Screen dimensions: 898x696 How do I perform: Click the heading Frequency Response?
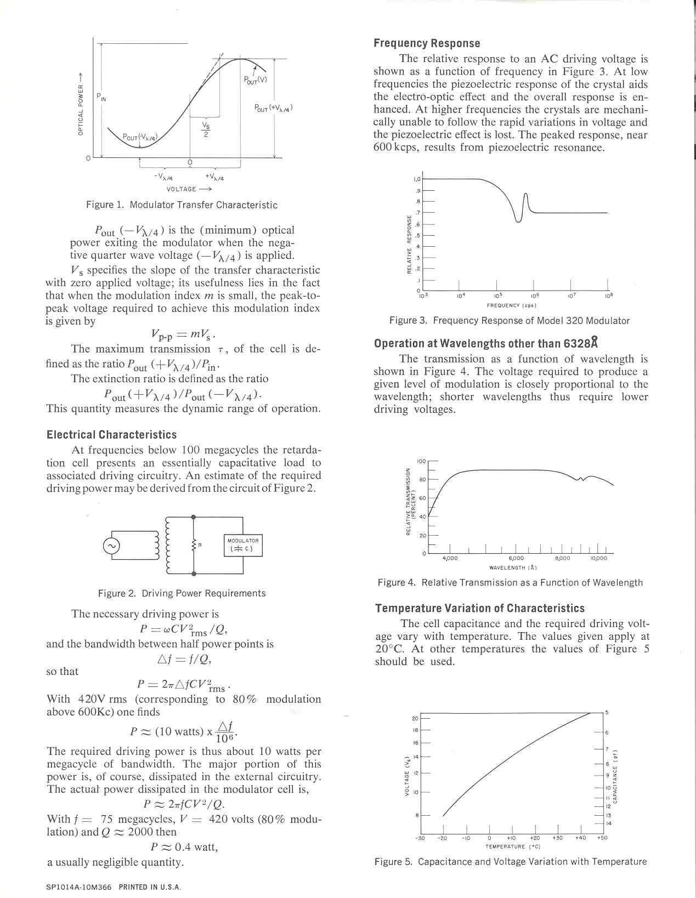[427, 43]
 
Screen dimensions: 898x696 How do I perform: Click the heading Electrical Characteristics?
[111, 435]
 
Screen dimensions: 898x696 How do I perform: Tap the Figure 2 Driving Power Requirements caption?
[182, 593]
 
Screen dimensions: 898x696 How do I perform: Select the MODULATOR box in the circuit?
[243, 544]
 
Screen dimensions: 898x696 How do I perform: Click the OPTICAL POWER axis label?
[80, 104]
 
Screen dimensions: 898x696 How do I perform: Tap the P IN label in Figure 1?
[101, 98]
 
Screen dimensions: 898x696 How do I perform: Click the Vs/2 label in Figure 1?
[205, 130]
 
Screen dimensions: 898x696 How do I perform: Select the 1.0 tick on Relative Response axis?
[416, 179]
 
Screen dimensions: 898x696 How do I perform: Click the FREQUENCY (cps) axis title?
[511, 305]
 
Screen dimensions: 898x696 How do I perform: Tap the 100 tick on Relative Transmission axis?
[421, 462]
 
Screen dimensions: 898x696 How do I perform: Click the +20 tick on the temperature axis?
[535, 838]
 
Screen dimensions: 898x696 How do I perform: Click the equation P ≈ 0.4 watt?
[184, 847]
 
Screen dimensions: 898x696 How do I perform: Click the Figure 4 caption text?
[510, 582]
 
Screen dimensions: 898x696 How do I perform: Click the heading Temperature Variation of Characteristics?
[480, 608]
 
